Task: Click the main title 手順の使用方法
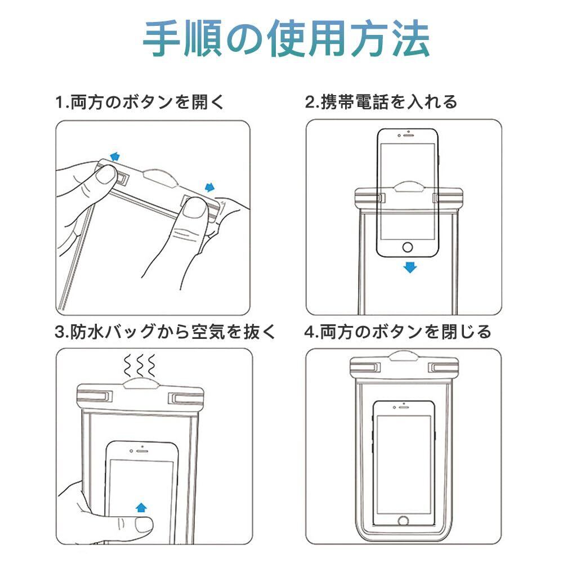pos(286,39)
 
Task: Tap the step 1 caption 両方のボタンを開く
pos(140,103)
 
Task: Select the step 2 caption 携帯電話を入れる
pos(381,103)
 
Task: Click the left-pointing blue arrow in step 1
pos(115,156)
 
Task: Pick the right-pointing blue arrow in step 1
pos(211,187)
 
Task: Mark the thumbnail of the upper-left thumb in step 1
pos(104,176)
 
